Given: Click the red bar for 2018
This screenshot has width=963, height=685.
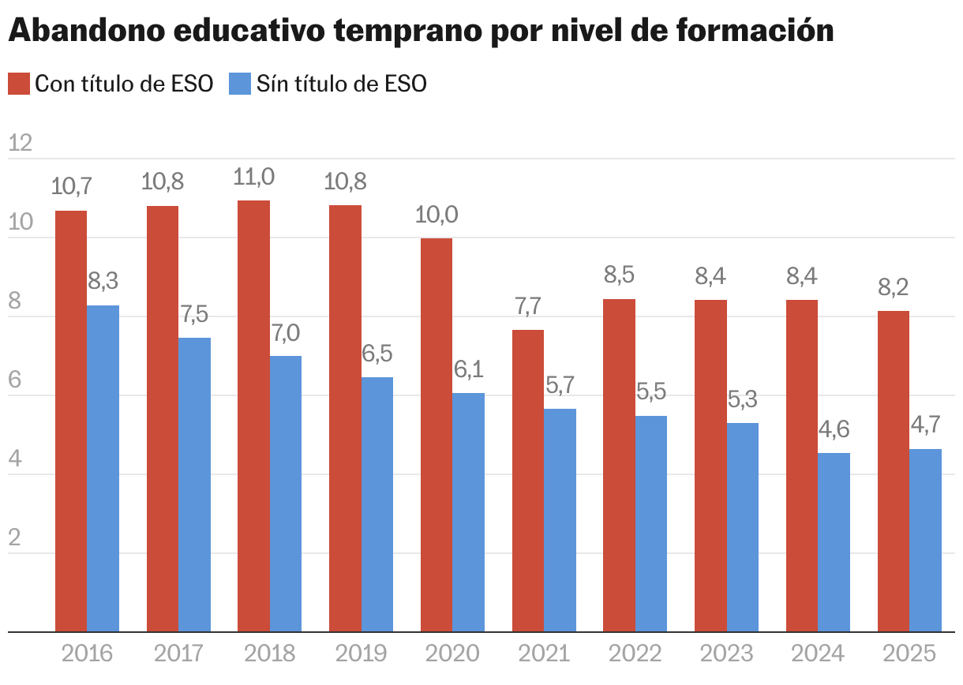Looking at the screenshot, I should click(253, 416).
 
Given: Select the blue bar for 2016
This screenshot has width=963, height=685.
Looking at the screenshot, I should click(103, 468).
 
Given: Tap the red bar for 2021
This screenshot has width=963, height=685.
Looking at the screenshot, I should click(528, 481).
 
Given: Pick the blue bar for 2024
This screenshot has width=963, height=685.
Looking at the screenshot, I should click(834, 542).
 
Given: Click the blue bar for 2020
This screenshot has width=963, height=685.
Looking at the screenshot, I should click(468, 512).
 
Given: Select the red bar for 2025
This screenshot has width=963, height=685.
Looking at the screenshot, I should click(894, 471).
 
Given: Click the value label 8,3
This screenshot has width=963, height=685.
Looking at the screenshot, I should click(103, 281).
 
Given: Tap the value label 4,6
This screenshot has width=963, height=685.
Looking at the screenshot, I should click(834, 429).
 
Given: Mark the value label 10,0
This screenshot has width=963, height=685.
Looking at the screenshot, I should click(437, 215).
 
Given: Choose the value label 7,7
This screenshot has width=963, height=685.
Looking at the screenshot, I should click(528, 306).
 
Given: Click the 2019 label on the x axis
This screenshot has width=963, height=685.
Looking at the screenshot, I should click(361, 654).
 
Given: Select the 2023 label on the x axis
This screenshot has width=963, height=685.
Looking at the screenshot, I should click(726, 654).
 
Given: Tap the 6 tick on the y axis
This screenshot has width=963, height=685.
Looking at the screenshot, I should click(16, 380).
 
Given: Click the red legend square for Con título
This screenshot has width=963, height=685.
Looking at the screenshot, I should click(19, 84).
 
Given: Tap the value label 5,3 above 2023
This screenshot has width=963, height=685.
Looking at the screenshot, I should click(742, 399).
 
